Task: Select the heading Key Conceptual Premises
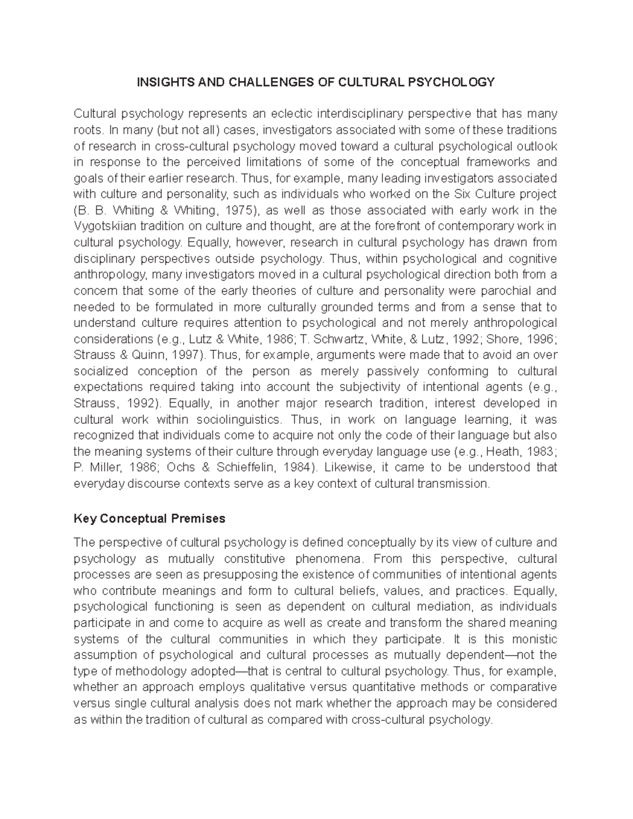[x=149, y=518]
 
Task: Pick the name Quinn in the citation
[x=139, y=355]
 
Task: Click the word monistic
[x=532, y=639]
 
